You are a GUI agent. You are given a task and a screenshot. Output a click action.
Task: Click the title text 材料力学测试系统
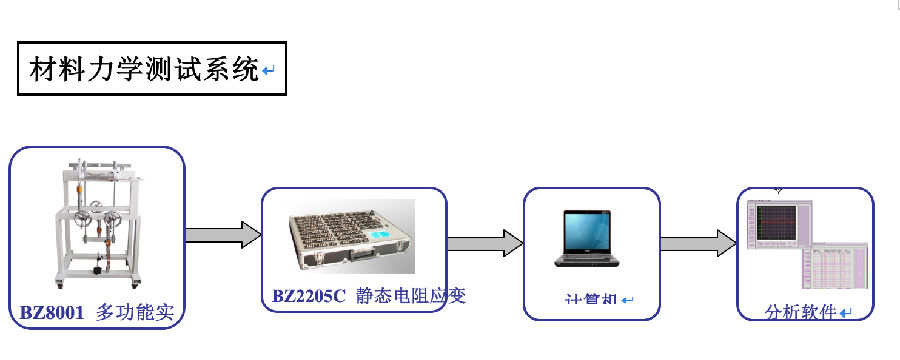[x=144, y=69]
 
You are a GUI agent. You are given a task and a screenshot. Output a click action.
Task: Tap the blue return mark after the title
[x=268, y=71]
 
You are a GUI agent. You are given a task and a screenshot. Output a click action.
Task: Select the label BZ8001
[x=54, y=313]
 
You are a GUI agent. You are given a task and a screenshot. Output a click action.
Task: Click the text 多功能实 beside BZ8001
[x=135, y=313]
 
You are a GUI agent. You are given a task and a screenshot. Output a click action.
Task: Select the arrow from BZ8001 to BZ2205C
[x=222, y=235]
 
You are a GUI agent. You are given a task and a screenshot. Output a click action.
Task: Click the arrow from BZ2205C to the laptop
[x=485, y=243]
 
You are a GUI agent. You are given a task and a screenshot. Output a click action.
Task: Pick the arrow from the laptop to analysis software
[x=698, y=243]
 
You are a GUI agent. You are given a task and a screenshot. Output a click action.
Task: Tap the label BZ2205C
[x=310, y=297]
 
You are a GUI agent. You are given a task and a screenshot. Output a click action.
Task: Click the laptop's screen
[x=591, y=232]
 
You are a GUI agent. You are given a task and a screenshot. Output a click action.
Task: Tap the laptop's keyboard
[x=590, y=261]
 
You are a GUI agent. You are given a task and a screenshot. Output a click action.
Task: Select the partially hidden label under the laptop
[x=590, y=300]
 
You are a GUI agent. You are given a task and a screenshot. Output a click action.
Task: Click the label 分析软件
[x=800, y=312]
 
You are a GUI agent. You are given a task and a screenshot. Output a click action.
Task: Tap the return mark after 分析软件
[x=846, y=313]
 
